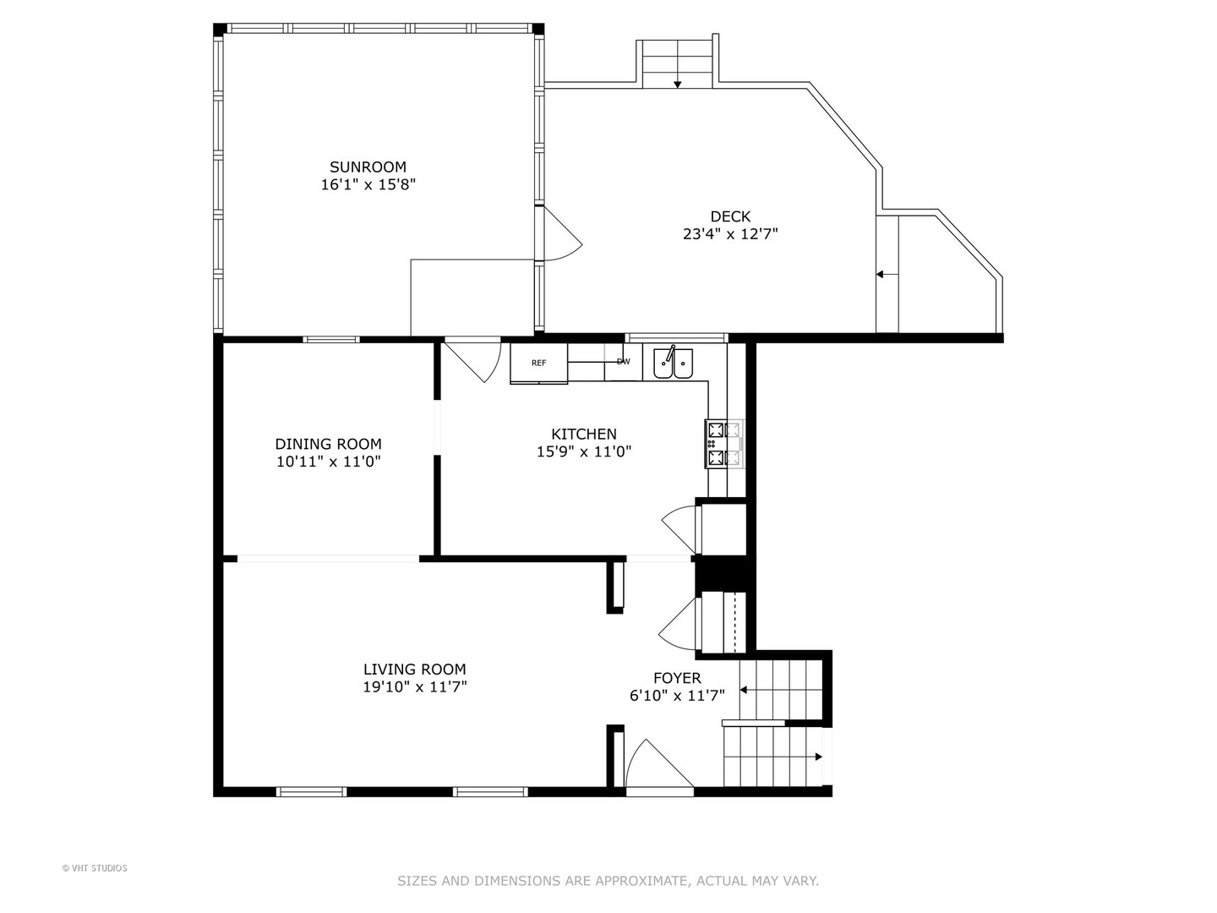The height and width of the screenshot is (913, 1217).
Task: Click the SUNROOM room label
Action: point(368,167)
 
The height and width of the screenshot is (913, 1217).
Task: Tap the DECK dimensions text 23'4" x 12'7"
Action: point(730,234)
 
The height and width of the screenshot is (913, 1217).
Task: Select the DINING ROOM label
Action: point(328,444)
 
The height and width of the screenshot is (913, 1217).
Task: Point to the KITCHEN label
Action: point(584,434)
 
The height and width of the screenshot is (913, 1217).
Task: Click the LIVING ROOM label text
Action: point(414,669)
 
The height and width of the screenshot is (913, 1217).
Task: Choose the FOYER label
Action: point(677,677)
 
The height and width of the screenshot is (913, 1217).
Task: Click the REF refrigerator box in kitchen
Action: point(538,363)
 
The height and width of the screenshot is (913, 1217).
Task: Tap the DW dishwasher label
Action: point(623,362)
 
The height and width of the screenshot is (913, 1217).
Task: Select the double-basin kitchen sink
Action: point(673,364)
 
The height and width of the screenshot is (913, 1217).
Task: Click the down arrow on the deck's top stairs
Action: point(677,84)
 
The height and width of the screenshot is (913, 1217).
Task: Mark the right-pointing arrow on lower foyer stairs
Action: point(817,757)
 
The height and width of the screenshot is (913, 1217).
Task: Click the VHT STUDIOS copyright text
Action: point(95,868)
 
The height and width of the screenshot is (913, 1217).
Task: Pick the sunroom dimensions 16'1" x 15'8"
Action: point(368,184)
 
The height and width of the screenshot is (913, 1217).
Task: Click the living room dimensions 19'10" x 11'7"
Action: point(414,687)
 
